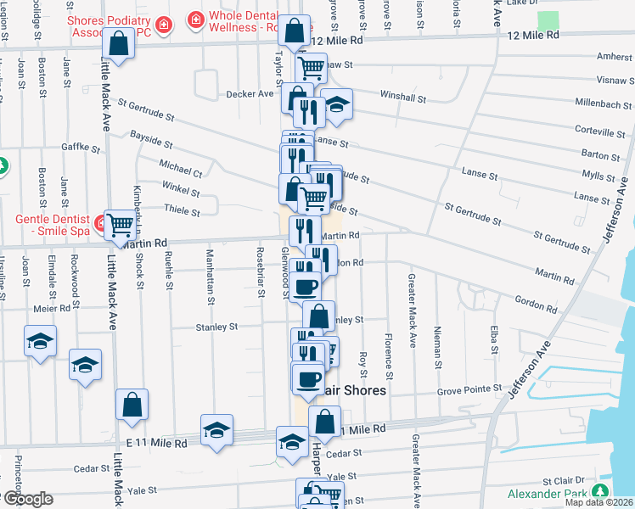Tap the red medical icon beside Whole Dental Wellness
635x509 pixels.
(x=196, y=17)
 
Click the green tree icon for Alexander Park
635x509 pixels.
(x=601, y=492)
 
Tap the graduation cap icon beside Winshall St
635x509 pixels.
(x=337, y=105)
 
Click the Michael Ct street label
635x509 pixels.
(x=181, y=167)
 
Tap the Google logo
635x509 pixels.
(x=27, y=499)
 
